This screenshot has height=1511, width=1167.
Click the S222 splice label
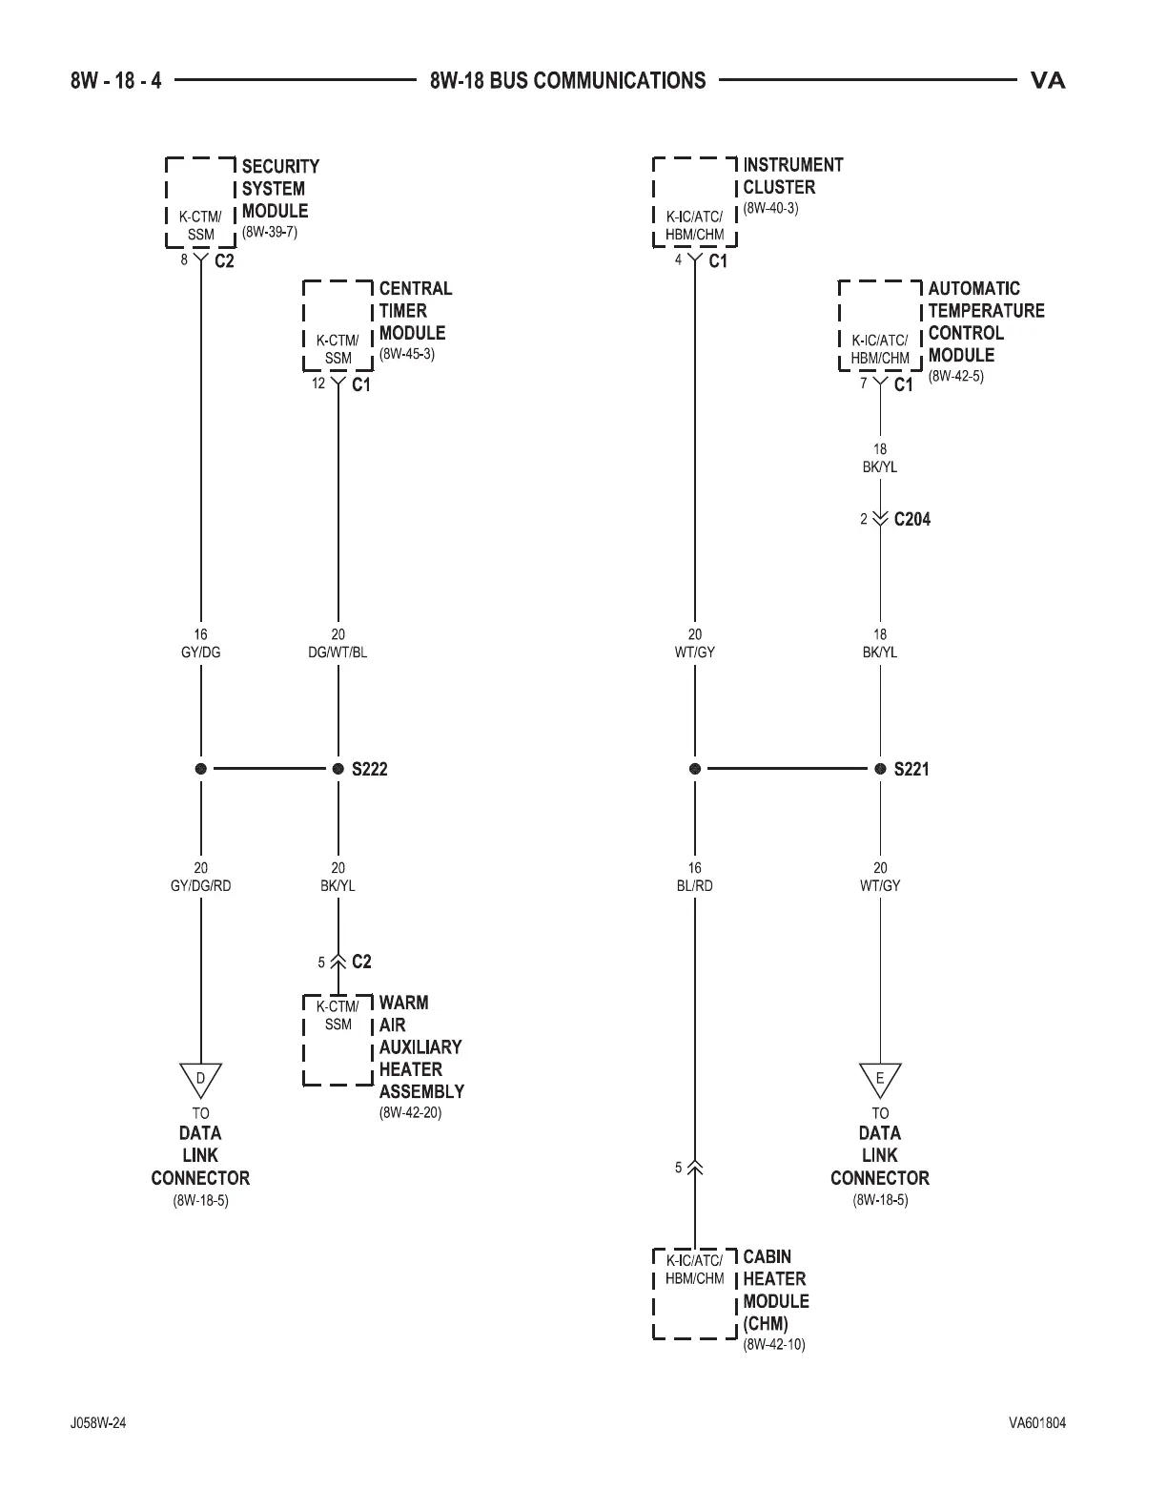(x=369, y=769)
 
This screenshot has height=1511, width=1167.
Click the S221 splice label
(x=911, y=769)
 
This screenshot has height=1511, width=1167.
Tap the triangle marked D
(x=200, y=1079)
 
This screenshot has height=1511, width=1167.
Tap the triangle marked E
(x=880, y=1079)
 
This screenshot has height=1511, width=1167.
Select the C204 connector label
(x=911, y=519)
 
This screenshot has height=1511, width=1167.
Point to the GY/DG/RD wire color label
(x=200, y=885)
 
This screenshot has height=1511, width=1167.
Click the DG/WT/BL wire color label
(x=338, y=652)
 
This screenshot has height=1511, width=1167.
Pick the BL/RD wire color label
(x=694, y=885)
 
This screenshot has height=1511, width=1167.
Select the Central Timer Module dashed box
(x=338, y=325)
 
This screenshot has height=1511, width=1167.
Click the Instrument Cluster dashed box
(x=694, y=201)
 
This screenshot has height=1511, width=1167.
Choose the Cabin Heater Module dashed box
(x=694, y=1293)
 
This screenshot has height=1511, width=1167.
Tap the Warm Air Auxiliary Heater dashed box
(x=338, y=1040)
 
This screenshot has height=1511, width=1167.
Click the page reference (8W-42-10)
(x=773, y=1345)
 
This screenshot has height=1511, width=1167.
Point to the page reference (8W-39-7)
(x=270, y=232)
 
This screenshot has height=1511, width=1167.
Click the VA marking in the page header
(x=1048, y=80)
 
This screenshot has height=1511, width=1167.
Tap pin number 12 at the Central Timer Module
(x=318, y=383)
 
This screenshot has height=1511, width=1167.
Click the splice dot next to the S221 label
(x=880, y=769)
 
